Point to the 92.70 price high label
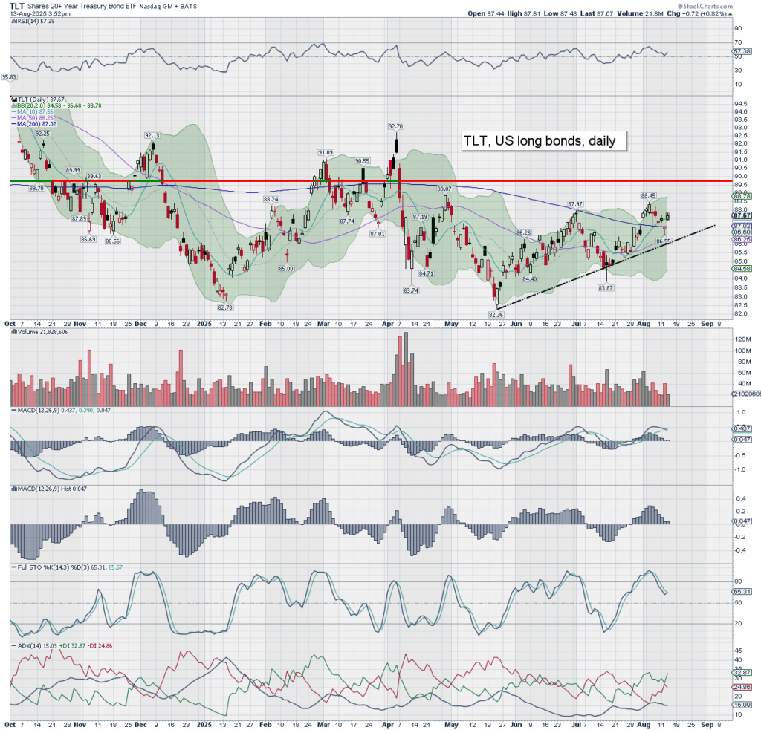(x=395, y=126)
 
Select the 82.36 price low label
(x=496, y=315)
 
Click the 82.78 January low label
(x=226, y=307)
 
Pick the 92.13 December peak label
(x=152, y=135)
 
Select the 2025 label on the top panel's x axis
(x=205, y=324)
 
